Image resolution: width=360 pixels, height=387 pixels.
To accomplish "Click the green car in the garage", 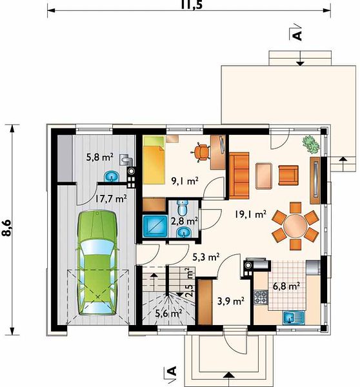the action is (97, 263).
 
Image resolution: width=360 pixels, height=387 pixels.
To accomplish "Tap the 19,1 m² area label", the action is (250, 214).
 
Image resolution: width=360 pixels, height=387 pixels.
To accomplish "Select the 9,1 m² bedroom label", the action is (185, 181).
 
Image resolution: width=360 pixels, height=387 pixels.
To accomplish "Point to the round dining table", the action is (295, 226).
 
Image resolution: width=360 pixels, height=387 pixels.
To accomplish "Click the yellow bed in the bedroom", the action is (154, 160).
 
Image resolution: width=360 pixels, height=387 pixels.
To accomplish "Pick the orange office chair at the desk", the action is (201, 152).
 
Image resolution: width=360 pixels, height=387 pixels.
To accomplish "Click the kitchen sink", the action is (294, 317).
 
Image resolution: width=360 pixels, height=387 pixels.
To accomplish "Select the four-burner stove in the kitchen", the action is (261, 297).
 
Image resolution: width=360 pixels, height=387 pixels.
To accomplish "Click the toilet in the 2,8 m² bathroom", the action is (183, 208).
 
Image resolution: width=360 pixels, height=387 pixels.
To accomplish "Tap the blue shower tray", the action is (155, 225).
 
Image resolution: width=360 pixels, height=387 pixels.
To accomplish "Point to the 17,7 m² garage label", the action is (111, 198).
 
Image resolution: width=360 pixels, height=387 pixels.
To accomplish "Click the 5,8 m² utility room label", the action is (100, 157).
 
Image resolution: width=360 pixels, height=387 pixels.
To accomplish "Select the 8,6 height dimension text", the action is (8, 228).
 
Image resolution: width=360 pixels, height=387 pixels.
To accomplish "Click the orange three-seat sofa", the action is (239, 175).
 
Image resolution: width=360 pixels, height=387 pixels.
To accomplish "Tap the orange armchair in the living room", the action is (288, 175).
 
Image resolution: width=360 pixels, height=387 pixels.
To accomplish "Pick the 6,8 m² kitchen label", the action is (286, 286).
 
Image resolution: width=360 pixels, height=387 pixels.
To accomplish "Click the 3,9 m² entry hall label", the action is (230, 301).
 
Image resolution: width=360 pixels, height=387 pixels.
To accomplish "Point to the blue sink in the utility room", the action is (112, 177).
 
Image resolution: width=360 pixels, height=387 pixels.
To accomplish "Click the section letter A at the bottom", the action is (172, 371).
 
